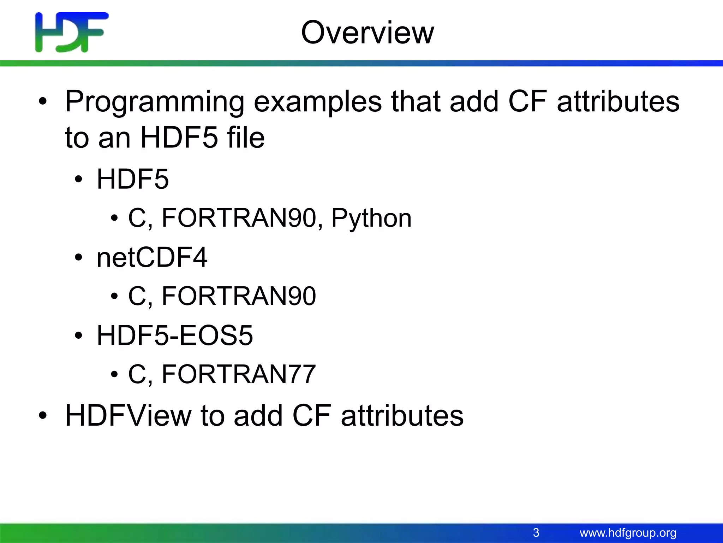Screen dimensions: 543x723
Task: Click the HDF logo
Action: tap(72, 32)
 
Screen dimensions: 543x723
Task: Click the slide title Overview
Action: tap(367, 33)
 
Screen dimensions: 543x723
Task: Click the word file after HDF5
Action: tap(246, 138)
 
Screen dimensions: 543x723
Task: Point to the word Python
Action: tap(371, 219)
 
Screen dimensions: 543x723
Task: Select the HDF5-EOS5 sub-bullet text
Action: tap(175, 335)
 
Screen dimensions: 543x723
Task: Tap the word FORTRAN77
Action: tap(238, 374)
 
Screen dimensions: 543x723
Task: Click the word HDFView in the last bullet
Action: tap(128, 416)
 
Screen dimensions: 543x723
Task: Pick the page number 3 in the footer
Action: tap(536, 532)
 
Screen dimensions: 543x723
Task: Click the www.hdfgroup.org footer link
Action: tap(628, 533)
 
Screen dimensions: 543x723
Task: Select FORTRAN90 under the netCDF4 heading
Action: tap(238, 296)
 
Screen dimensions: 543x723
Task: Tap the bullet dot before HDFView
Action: tap(43, 416)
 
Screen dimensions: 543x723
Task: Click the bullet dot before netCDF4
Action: tap(78, 258)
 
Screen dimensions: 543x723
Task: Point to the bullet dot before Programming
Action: tap(43, 102)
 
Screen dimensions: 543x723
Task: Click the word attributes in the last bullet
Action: tap(402, 416)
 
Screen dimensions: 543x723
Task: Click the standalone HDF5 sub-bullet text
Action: tap(132, 179)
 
